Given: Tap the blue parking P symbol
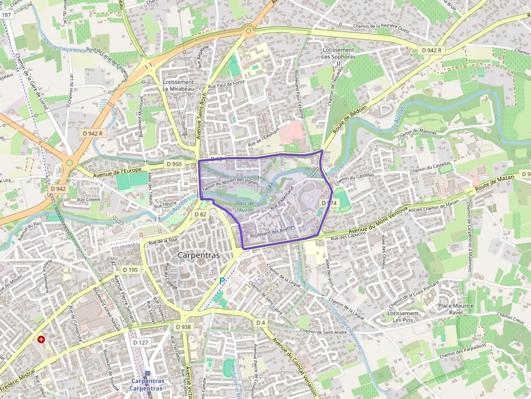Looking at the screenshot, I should (x=222, y=281).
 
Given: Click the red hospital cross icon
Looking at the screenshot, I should (x=41, y=339).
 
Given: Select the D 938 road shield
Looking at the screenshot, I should (x=184, y=327).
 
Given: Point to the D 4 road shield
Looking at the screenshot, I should (x=261, y=323).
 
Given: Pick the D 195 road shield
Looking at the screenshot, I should (x=130, y=270).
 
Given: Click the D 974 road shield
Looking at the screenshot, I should (x=329, y=203).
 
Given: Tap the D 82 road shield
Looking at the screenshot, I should (x=200, y=214).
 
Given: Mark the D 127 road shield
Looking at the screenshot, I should (x=140, y=342).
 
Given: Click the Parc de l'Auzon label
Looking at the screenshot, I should (x=245, y=206).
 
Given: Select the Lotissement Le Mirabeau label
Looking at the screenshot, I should (x=178, y=86).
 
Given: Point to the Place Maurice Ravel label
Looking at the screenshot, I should (x=456, y=309).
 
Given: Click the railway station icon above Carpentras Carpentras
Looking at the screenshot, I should (x=147, y=373).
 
